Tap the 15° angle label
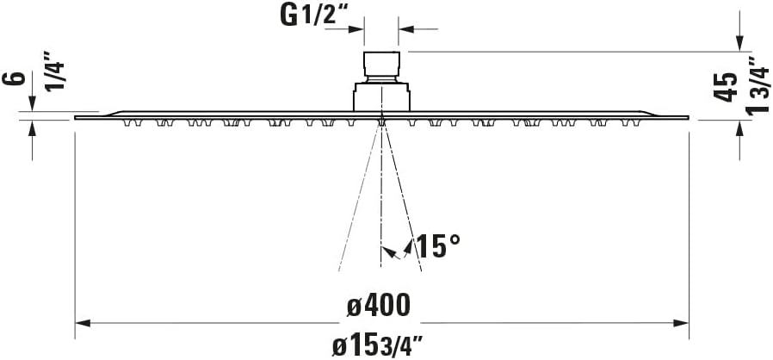coord(437,247)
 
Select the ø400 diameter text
coord(378,304)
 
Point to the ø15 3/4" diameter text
coord(379,345)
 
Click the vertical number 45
coord(727,87)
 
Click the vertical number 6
coord(13,79)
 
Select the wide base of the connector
coord(381,96)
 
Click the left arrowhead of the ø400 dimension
coord(83,323)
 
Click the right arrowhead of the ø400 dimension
coord(681,323)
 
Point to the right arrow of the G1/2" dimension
coord(406,29)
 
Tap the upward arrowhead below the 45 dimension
coord(739,127)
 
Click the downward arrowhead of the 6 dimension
coord(33,105)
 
